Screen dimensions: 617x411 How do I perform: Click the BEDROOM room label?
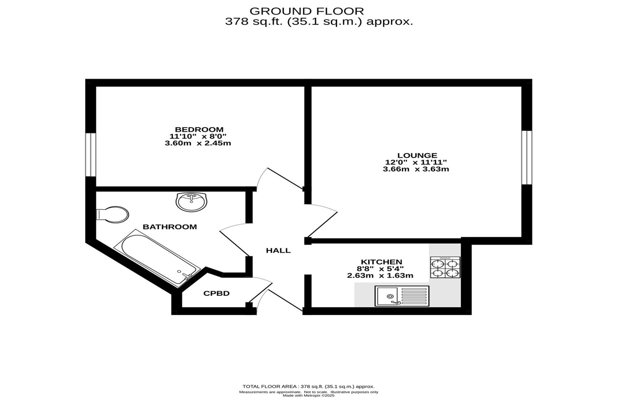[x=199, y=129]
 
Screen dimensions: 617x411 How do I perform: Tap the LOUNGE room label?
[x=417, y=155]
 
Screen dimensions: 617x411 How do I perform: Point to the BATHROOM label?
[x=170, y=227]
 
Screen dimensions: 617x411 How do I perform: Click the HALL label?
[x=278, y=251]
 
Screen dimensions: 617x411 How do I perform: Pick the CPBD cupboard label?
[x=217, y=294]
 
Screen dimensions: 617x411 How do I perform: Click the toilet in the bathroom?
[x=113, y=215]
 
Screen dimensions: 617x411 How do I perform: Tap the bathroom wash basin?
[x=191, y=202]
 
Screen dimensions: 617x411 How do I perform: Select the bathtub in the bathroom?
[x=157, y=258]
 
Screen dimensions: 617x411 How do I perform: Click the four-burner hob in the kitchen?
[x=445, y=268]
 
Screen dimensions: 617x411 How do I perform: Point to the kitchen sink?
[x=402, y=296]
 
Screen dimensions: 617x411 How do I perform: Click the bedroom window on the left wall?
[x=91, y=155]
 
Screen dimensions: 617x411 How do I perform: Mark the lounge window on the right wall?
[x=527, y=158]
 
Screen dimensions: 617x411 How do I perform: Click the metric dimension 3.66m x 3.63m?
[x=416, y=169]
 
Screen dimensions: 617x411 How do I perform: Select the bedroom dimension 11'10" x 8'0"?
[x=198, y=136]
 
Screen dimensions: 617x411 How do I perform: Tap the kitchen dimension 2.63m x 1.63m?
[x=380, y=276]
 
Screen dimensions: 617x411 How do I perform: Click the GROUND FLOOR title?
[x=307, y=11]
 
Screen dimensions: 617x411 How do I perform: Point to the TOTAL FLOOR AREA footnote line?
[x=308, y=386]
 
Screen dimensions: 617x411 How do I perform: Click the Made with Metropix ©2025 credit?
[x=308, y=396]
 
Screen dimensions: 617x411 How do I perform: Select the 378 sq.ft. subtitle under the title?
[x=319, y=22]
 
